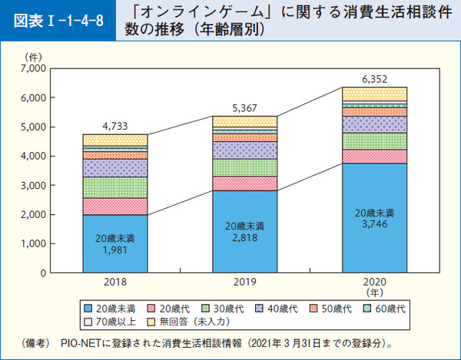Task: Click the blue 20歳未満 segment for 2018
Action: pyautogui.click(x=114, y=243)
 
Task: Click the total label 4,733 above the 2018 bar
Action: pyautogui.click(x=114, y=127)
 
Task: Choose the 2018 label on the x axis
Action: pyautogui.click(x=114, y=282)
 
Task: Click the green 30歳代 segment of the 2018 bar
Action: pyautogui.click(x=114, y=187)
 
